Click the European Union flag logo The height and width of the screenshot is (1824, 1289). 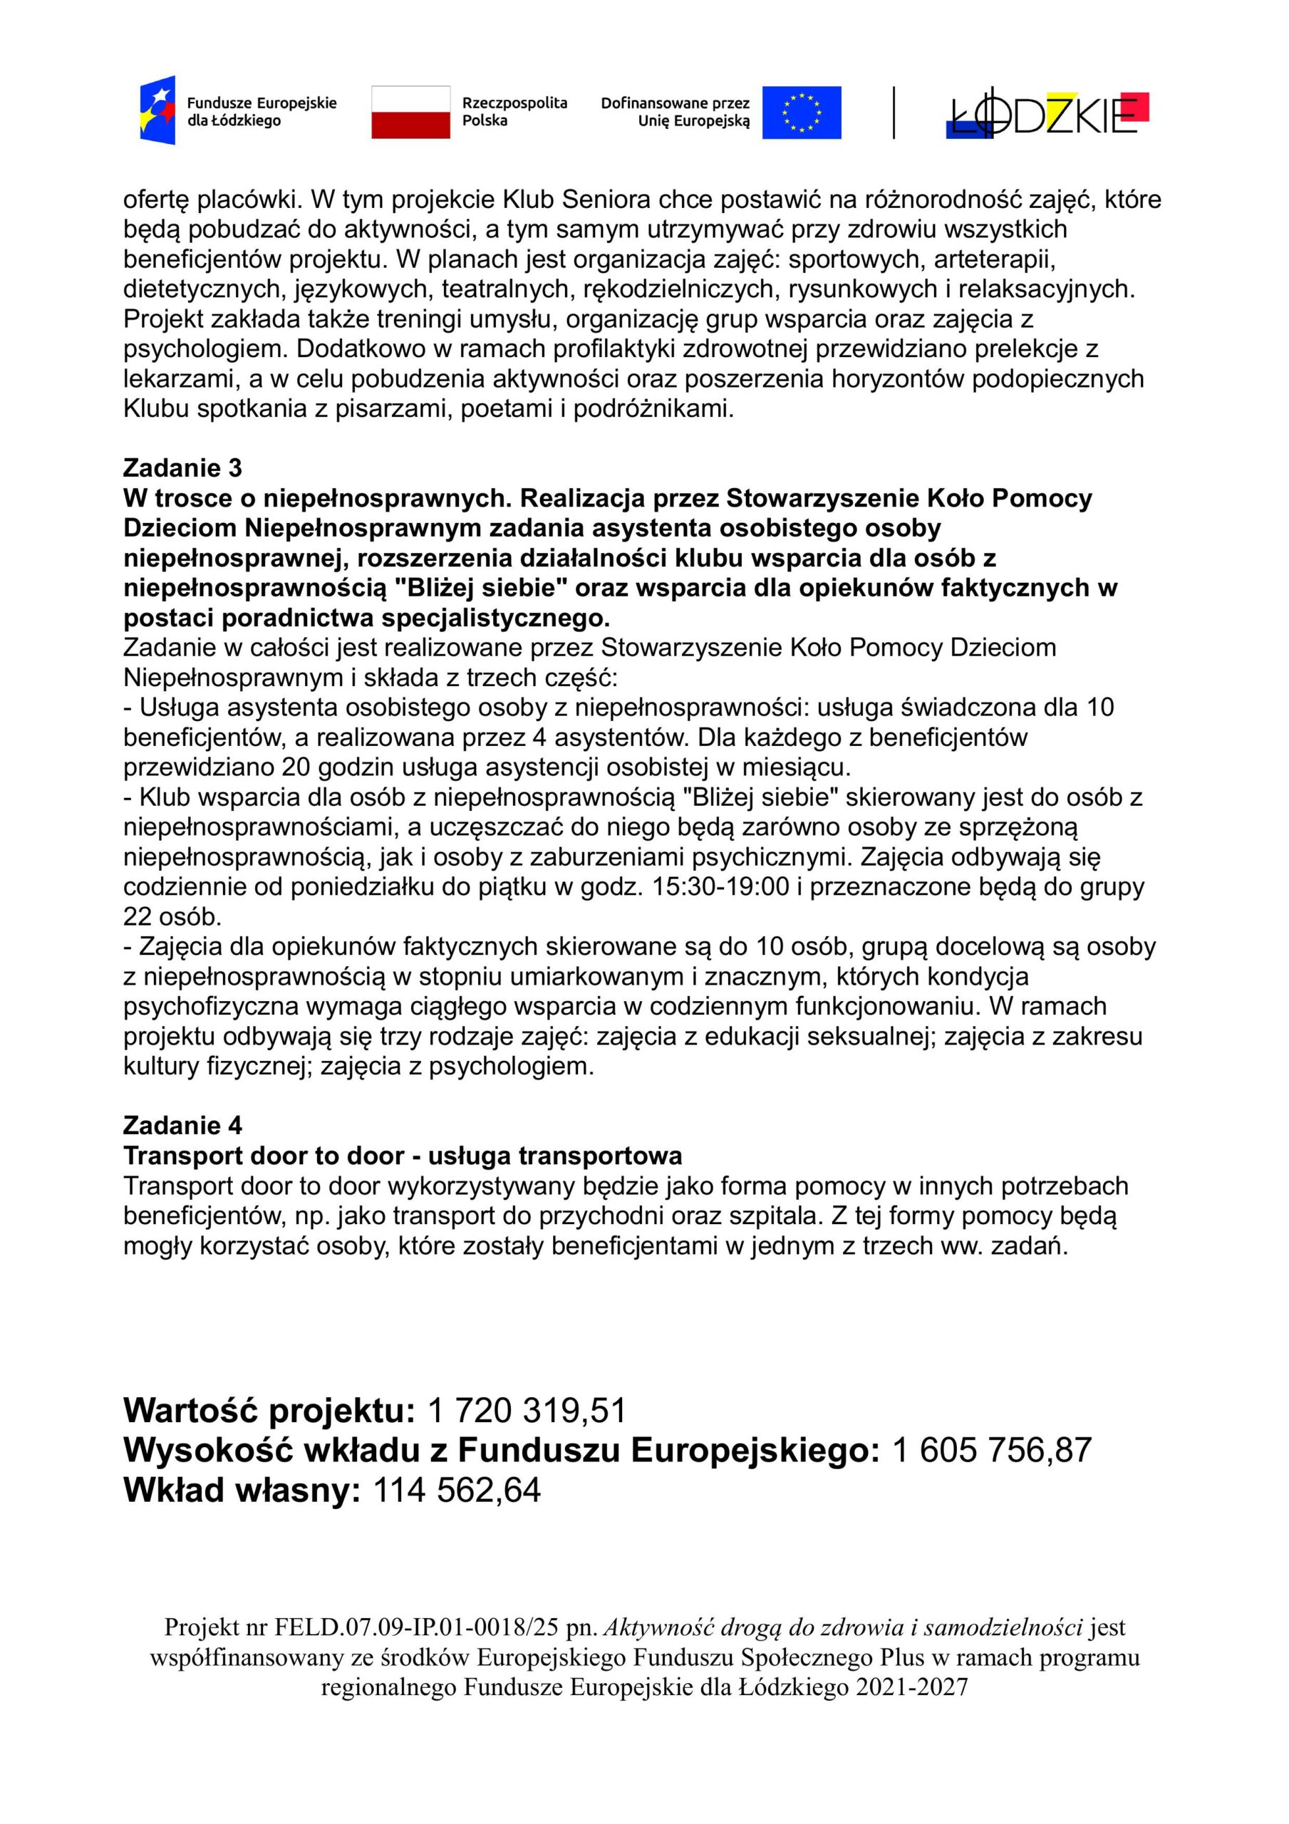coord(801,112)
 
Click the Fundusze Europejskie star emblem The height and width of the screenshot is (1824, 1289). coord(157,110)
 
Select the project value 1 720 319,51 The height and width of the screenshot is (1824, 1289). coord(526,1411)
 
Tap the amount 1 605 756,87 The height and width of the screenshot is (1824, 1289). coord(991,1450)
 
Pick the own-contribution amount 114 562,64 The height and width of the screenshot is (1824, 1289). coord(456,1490)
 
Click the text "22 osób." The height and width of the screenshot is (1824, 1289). coord(172,917)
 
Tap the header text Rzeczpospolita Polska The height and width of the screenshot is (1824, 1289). coord(514,112)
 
